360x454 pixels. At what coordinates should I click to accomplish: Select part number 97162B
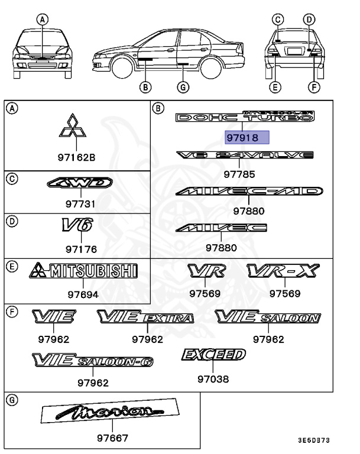point(75,158)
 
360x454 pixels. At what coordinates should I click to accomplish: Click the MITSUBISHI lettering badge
point(83,271)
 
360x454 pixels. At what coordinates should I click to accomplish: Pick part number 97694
point(83,294)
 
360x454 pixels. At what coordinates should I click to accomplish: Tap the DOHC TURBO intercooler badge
point(245,116)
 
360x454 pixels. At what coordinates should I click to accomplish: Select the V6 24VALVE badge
point(245,155)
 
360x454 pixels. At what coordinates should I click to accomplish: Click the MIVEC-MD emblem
point(249,192)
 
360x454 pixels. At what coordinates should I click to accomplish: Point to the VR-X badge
point(283,271)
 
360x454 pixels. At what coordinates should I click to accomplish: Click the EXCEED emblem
point(213,355)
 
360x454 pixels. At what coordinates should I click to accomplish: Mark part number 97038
point(213,380)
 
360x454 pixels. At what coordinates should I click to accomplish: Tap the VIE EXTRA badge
point(145,317)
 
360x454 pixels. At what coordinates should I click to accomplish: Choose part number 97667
point(112,439)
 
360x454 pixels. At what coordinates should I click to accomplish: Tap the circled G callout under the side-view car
point(183,88)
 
